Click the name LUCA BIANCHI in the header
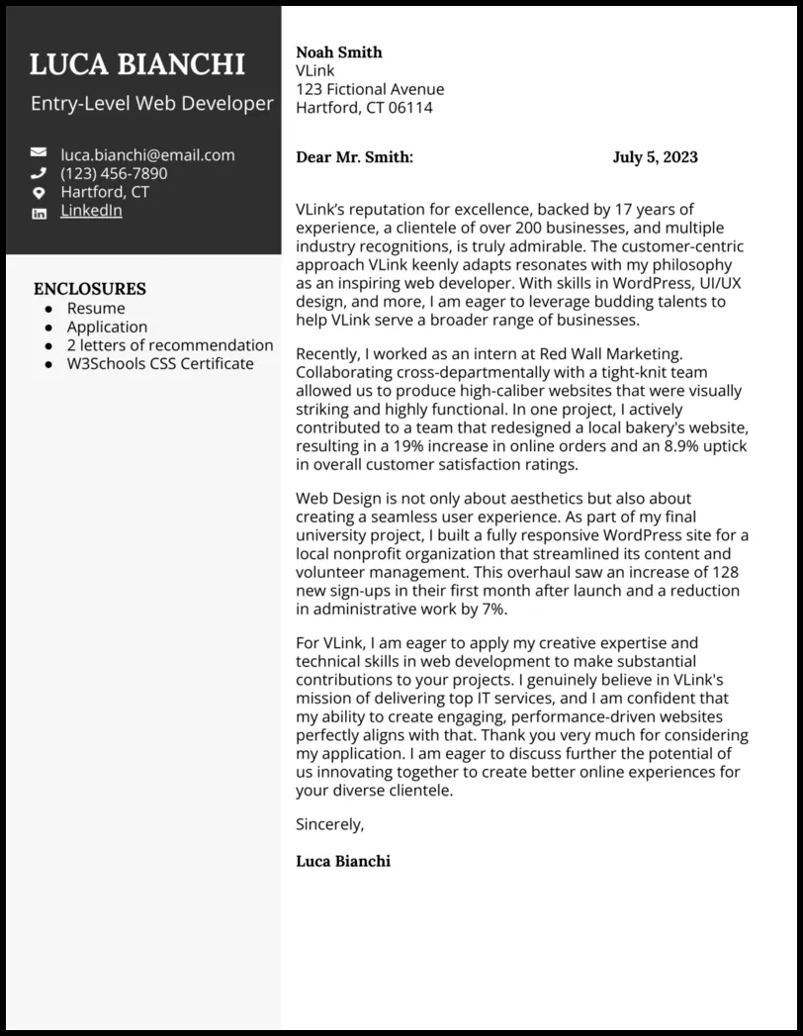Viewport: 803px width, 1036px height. coord(137,64)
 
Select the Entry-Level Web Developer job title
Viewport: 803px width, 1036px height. coord(152,103)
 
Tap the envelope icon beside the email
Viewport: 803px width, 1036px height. coord(39,153)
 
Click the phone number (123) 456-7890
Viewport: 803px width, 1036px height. coord(114,173)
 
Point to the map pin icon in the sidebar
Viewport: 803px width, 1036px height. coord(39,192)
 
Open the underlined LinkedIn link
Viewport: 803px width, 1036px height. coord(91,211)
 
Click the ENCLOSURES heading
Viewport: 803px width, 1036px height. coord(90,289)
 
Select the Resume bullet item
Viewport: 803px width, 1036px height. coord(96,309)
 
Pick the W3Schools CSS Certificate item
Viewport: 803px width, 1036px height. coord(160,364)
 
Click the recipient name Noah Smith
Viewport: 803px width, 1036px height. coord(339,52)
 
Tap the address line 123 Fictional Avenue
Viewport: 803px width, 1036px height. coord(370,89)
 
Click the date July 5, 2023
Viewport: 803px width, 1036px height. coord(655,157)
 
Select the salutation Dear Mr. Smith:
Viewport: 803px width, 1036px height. coord(354,157)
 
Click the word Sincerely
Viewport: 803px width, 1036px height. coord(330,823)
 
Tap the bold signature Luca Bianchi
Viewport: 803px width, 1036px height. coord(343,861)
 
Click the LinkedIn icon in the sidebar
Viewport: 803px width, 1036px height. coord(39,213)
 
